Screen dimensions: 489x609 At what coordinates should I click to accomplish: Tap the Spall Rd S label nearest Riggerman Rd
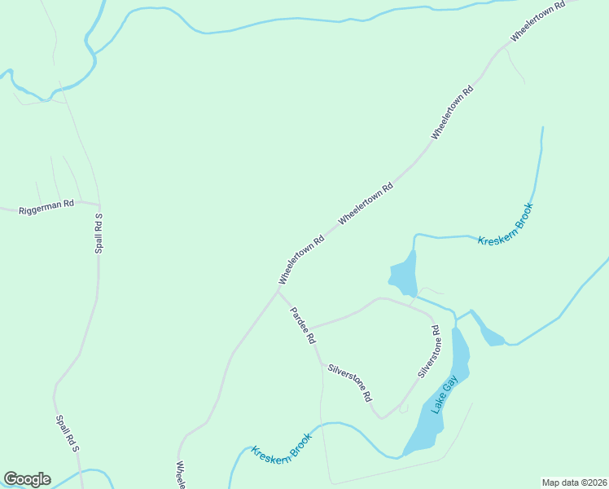(99, 233)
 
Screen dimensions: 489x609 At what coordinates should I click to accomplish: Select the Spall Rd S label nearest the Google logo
(66, 434)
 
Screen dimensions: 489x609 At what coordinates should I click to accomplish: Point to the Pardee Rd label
(300, 325)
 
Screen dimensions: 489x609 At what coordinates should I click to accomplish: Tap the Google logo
(27, 479)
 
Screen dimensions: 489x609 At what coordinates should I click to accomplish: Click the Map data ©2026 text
(574, 482)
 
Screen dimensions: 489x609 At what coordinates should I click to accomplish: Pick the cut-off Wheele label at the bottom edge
(181, 475)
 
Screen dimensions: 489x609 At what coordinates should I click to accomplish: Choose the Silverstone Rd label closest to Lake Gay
(429, 352)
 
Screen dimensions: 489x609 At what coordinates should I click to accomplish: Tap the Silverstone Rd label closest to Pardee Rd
(349, 382)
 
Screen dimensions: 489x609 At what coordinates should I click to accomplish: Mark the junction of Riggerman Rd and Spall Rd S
(99, 204)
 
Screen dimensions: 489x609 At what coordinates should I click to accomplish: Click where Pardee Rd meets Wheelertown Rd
(279, 289)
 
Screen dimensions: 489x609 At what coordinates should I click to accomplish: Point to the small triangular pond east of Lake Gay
(492, 334)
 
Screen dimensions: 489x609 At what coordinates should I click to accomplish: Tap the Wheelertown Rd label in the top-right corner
(537, 22)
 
